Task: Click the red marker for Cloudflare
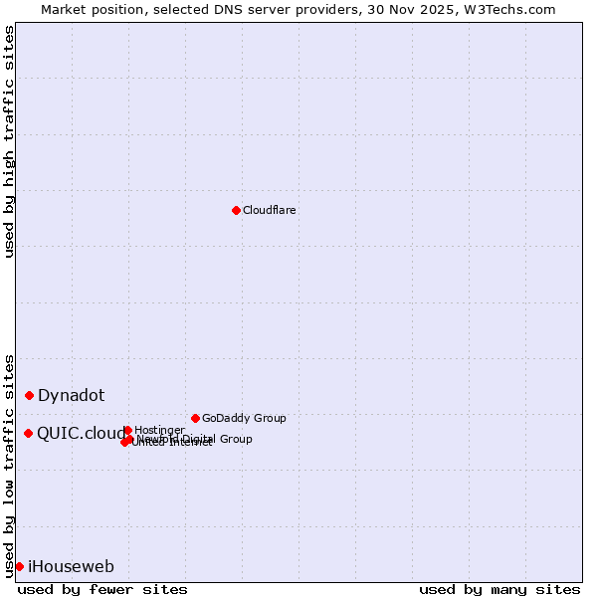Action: (236, 210)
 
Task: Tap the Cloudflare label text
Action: (269, 210)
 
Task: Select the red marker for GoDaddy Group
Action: (195, 418)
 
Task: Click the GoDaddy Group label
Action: (243, 418)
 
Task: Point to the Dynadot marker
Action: (30, 395)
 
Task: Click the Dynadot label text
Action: (71, 395)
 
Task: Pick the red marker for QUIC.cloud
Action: (29, 433)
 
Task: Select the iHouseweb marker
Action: (19, 566)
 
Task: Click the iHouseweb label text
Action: (71, 566)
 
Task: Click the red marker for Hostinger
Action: (127, 430)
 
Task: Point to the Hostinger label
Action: (159, 430)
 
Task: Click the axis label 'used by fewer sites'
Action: (102, 589)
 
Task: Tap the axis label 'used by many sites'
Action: (499, 589)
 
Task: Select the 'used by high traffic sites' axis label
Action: (9, 141)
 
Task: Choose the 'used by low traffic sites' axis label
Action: (9, 465)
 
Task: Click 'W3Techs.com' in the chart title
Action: (513, 9)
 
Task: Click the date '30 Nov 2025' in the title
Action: (425, 9)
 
